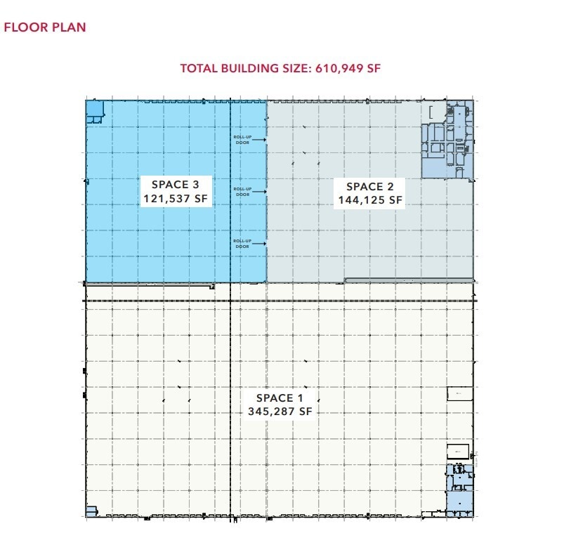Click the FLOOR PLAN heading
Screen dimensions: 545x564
point(45,28)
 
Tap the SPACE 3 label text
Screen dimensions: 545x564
point(175,185)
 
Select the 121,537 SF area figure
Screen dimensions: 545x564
point(175,199)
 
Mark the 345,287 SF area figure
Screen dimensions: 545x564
point(280,412)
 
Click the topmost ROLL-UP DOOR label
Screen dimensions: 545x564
point(242,140)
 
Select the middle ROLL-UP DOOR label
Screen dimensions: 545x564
point(242,192)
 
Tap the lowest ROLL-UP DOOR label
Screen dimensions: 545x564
point(242,244)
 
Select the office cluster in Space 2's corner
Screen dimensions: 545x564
point(447,140)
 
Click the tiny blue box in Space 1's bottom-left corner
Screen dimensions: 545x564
point(91,512)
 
